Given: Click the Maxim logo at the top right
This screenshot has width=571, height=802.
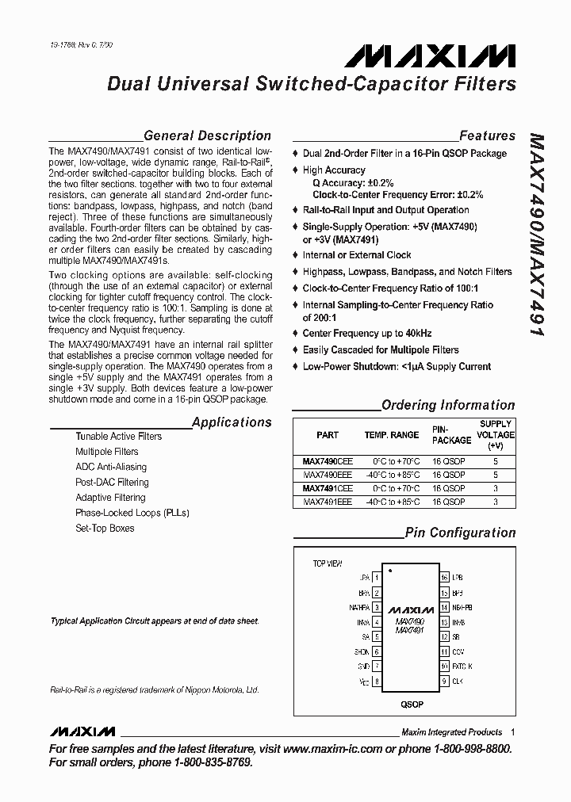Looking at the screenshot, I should point(430,56).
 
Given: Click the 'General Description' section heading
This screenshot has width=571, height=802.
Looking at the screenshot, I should point(207,136).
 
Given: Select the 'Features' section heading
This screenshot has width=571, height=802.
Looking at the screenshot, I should point(487,136).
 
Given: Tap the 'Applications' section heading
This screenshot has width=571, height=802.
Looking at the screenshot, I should point(232,422).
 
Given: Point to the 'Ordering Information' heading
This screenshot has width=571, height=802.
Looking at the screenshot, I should point(448,405).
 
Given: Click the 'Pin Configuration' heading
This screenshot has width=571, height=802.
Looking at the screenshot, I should point(460,533).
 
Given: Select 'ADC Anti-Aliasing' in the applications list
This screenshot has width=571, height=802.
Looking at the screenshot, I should point(111,467).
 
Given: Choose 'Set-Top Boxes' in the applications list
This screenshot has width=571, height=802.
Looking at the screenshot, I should point(105,528).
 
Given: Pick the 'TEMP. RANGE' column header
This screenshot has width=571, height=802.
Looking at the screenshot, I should point(392,435).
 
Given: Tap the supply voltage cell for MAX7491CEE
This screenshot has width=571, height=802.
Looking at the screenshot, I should point(496,489).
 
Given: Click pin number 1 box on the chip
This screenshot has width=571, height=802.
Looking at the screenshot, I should point(377,578).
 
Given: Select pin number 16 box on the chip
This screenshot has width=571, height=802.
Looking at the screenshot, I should point(445,578).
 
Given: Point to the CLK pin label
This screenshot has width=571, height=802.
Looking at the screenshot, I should point(458,681).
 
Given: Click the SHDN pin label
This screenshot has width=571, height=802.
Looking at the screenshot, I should point(361,651).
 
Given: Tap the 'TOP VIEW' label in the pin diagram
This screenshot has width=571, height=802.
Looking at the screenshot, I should point(328,563).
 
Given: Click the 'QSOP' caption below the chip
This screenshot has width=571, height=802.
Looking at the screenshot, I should point(411,703).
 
